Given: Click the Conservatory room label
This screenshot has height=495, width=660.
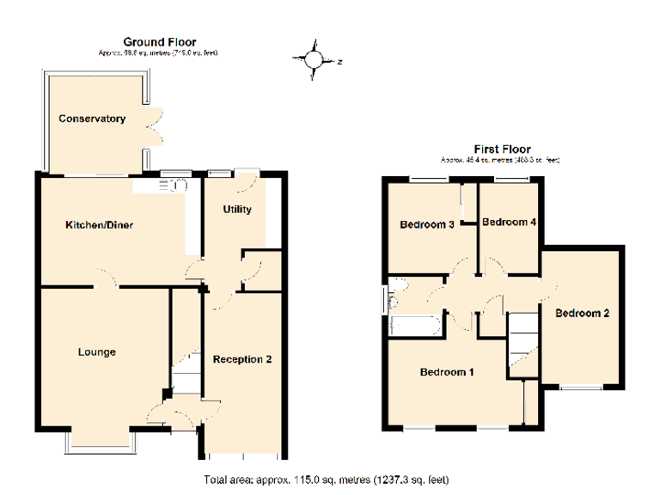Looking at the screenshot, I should [x=92, y=119].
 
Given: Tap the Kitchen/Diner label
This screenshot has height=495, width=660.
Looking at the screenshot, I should [x=99, y=225].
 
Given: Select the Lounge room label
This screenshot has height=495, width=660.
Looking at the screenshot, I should [x=96, y=351].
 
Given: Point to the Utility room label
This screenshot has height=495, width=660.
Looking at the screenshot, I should [x=237, y=210].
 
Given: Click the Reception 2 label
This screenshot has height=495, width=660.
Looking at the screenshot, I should [x=242, y=359].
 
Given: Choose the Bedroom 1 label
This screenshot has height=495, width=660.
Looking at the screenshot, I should [x=447, y=372].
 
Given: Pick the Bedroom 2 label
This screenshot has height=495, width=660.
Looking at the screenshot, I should [x=582, y=313].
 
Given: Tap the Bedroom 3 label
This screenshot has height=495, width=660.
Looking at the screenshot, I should [x=427, y=225].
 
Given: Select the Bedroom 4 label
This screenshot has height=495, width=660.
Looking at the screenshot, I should [x=509, y=222].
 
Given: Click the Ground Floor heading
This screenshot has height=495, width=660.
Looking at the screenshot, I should [x=159, y=41].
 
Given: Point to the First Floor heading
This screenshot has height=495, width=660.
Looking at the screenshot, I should [x=502, y=149].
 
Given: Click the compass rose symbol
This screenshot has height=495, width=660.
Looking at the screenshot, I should [x=315, y=59].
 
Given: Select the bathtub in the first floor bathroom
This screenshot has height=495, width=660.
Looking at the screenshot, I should [x=415, y=325].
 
